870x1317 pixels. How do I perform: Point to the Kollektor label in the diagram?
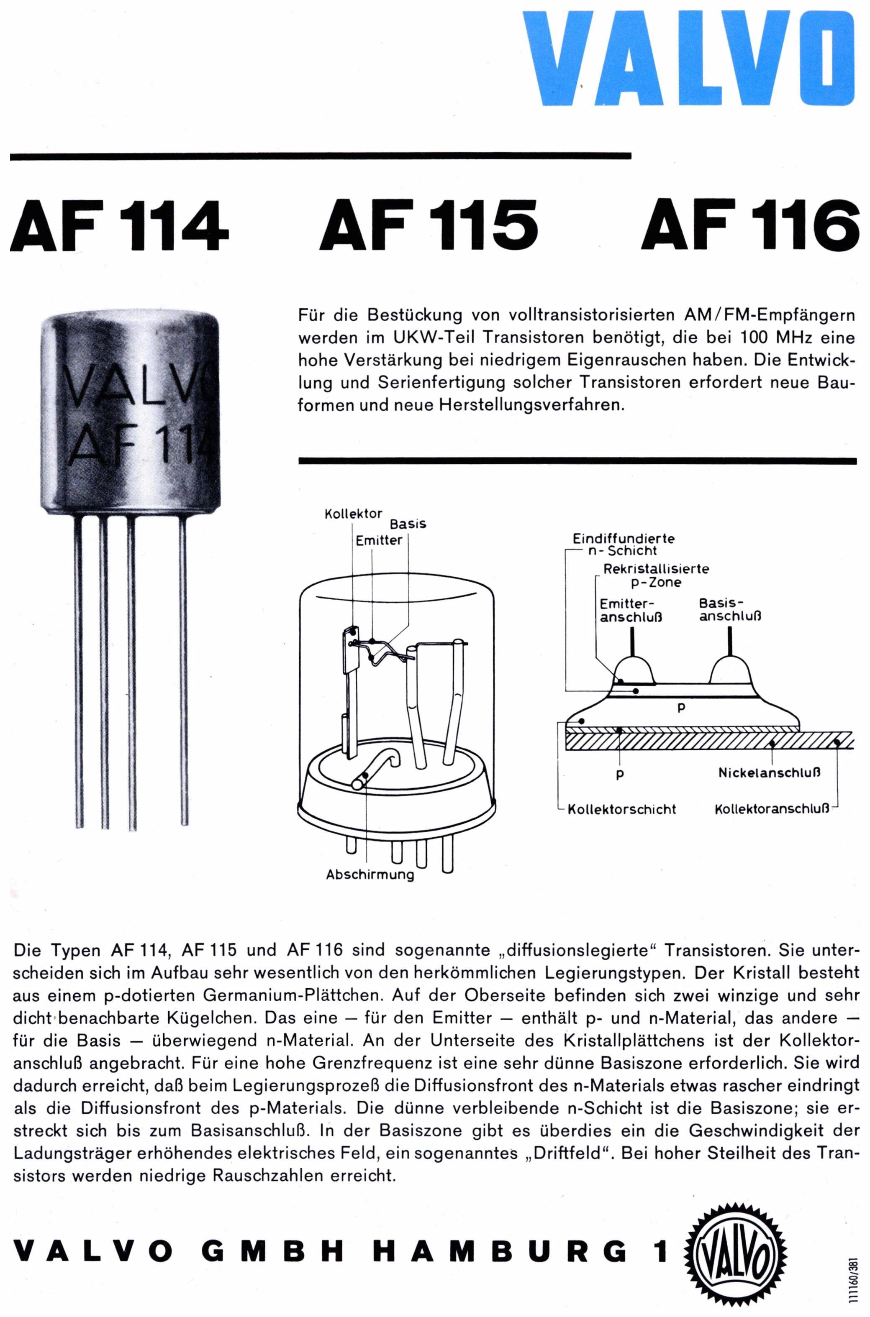click(x=354, y=514)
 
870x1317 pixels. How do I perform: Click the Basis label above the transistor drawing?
click(x=408, y=524)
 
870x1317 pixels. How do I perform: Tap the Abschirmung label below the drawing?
click(x=370, y=875)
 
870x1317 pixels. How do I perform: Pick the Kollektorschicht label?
click(x=621, y=810)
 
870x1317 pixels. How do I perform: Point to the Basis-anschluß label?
click(x=730, y=610)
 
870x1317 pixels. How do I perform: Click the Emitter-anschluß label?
click(x=631, y=610)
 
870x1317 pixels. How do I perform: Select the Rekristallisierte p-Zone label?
click(x=657, y=575)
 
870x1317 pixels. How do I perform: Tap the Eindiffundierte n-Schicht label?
click(x=624, y=545)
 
